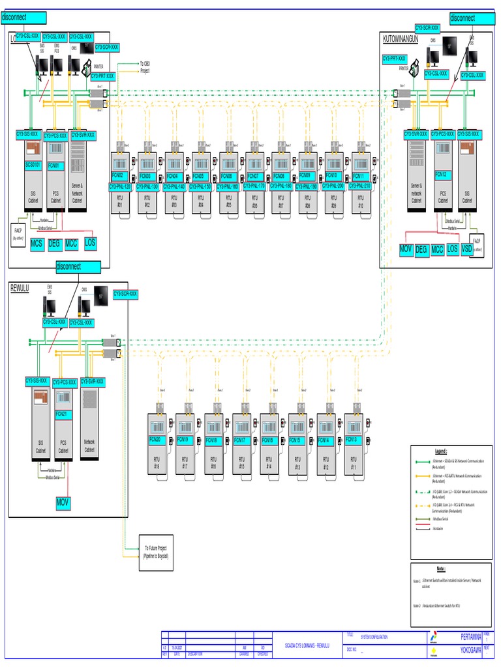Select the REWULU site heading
coord(20,288)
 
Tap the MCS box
coord(37,244)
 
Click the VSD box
coord(466,249)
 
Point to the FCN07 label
coord(254,177)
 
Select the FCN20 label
coord(155,440)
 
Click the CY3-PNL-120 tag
coord(120,186)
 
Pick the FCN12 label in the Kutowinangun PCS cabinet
coord(441,175)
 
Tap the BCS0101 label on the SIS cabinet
coord(33,165)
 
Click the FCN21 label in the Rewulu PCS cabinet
coord(62,414)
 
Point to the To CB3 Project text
coord(145,67)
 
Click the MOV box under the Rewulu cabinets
coord(63,503)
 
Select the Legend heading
coord(441,451)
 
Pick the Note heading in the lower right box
coord(441,569)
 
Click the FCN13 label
coord(352,440)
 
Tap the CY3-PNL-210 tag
coord(359,186)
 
